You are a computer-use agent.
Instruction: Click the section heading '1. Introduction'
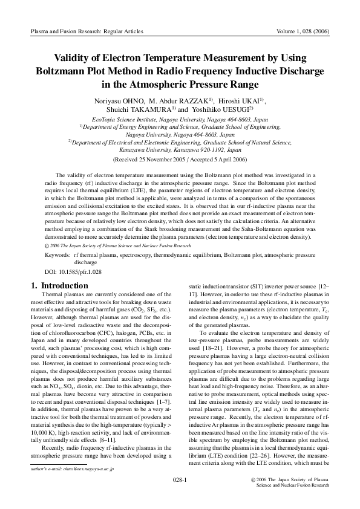(59, 285)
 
